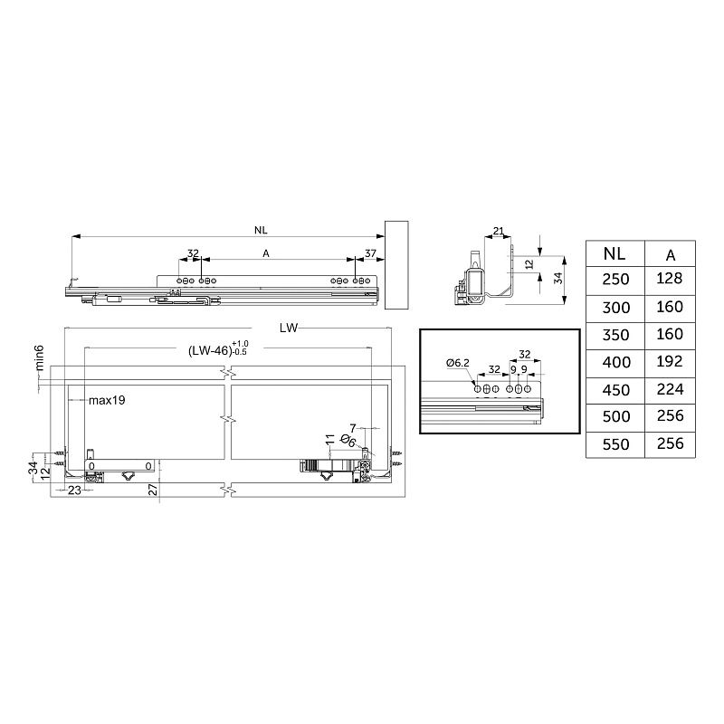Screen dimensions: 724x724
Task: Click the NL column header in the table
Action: click(x=614, y=254)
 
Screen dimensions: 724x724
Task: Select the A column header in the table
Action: click(x=671, y=255)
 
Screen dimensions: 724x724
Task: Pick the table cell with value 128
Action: click(x=670, y=279)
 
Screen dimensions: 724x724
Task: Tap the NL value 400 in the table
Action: click(x=616, y=362)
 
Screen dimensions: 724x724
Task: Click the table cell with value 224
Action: click(x=670, y=389)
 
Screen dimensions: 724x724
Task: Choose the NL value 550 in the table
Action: click(x=616, y=444)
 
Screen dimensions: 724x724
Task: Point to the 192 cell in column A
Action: click(x=670, y=361)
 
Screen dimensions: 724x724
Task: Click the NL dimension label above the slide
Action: click(x=261, y=230)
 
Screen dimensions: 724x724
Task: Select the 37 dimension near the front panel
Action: click(x=370, y=253)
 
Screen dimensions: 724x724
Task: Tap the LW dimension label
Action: click(x=289, y=328)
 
